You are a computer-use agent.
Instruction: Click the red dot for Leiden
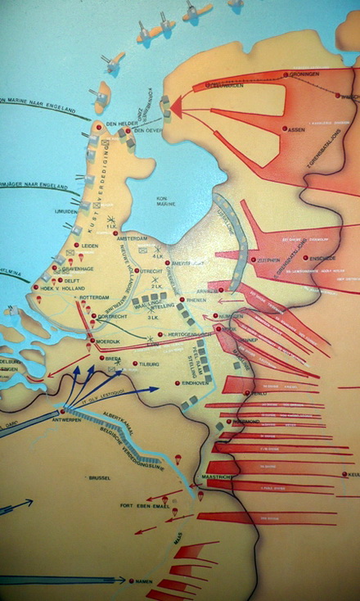pos(77,245)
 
